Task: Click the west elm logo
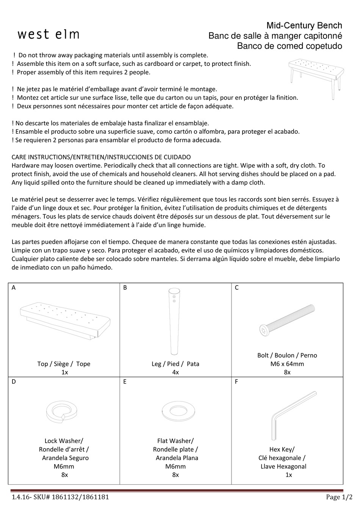coord(49,34)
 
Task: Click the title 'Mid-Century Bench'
coord(304,26)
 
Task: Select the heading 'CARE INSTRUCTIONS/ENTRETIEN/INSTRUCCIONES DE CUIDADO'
coord(101,157)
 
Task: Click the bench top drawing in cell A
coord(65,319)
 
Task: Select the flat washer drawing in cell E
coord(175,410)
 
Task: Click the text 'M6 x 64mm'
coord(287,364)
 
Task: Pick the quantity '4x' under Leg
coord(175,372)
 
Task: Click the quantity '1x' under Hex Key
coord(289,475)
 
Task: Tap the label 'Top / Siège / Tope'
coord(64,364)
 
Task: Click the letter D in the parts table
coord(14,382)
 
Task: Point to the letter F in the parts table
coord(236,382)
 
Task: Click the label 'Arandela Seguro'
coord(65,458)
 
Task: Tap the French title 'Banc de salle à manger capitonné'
coord(275,36)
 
